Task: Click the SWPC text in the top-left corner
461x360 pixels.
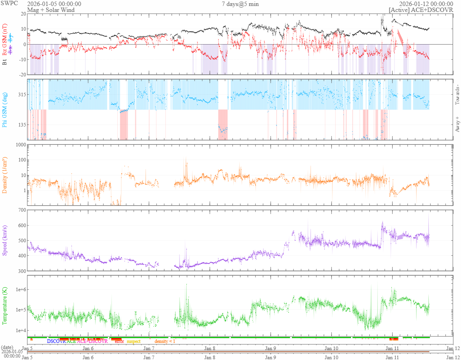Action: (8, 4)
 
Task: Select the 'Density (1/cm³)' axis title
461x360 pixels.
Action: (5, 175)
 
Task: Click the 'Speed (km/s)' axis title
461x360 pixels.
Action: (5, 240)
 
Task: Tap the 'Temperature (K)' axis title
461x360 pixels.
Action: (5, 302)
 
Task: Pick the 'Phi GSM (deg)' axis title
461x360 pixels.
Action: (5, 109)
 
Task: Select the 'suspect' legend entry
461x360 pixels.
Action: (134, 341)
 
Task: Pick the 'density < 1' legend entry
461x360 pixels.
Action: (165, 341)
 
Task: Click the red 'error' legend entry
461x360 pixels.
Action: (119, 341)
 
